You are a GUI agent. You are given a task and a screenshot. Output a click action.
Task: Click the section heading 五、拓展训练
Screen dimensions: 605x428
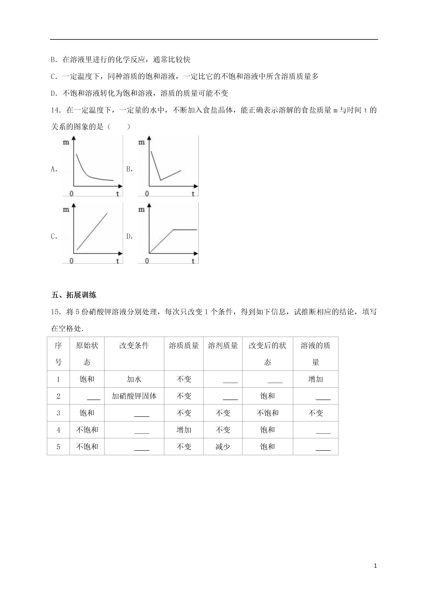pos(74,295)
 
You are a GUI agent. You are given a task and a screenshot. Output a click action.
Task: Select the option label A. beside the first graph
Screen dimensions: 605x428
pos(54,169)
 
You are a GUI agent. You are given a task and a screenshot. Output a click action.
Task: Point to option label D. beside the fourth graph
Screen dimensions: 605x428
pos(130,236)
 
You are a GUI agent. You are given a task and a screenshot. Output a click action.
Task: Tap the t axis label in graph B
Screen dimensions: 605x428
pos(193,194)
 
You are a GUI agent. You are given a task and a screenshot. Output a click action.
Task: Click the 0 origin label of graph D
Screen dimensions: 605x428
pos(147,261)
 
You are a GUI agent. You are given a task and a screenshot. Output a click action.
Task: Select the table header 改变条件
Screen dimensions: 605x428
pos(134,345)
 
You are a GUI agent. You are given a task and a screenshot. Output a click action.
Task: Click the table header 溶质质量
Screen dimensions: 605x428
pos(184,345)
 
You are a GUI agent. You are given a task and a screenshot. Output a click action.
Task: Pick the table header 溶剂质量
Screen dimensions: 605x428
pos(223,345)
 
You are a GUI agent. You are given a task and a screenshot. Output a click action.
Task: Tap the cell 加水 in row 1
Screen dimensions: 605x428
pos(134,379)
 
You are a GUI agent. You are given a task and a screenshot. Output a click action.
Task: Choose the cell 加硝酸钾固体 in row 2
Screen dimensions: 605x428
pos(134,396)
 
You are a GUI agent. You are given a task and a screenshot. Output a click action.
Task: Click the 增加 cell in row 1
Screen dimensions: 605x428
pos(315,379)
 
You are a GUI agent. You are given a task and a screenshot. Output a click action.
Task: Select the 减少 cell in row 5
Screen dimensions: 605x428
pos(223,447)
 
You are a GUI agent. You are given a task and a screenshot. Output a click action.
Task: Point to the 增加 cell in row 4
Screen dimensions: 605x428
pos(184,430)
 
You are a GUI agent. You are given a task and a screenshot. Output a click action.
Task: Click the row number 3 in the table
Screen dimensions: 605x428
pos(58,413)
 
